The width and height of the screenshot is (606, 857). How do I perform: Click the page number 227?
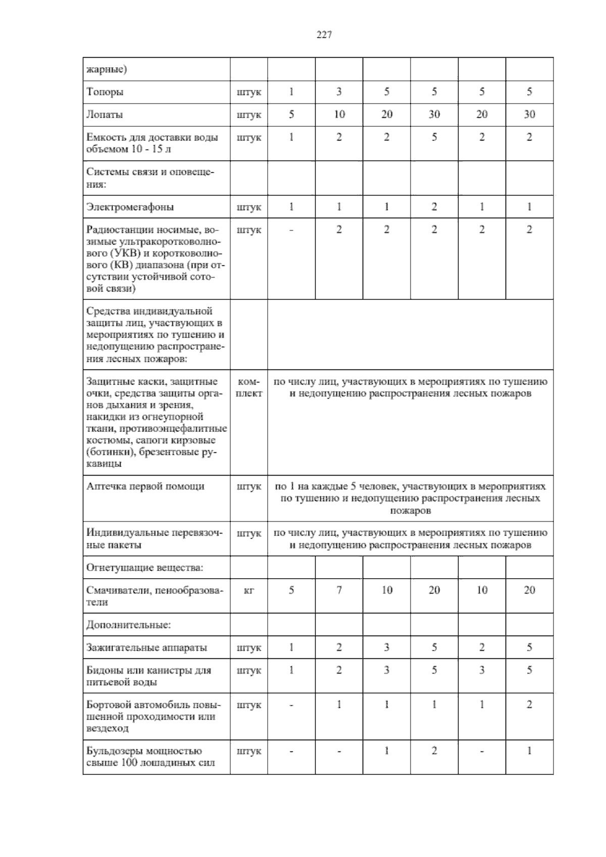324,35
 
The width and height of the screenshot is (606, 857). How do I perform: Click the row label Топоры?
105,92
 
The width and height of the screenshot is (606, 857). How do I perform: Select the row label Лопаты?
105,115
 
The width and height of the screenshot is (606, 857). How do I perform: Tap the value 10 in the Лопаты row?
339,115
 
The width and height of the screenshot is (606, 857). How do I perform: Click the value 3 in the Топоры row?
339,92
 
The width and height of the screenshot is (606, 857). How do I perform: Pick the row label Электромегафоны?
130,207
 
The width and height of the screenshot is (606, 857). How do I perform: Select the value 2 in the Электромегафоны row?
434,207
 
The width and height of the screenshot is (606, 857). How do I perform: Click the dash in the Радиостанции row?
291,230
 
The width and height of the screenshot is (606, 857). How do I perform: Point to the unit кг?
248,590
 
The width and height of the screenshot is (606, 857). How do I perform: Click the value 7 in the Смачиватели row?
339,590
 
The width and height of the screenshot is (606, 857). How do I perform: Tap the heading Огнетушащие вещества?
144,567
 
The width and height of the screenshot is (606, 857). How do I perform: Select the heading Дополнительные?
128,625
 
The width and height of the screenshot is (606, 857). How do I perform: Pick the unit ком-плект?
248,388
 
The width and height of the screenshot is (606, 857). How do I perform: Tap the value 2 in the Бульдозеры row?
434,751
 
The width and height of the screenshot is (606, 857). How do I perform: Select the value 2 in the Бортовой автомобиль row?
529,705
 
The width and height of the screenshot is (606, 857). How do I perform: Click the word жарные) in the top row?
107,69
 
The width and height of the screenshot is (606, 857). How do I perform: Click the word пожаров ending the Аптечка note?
411,511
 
